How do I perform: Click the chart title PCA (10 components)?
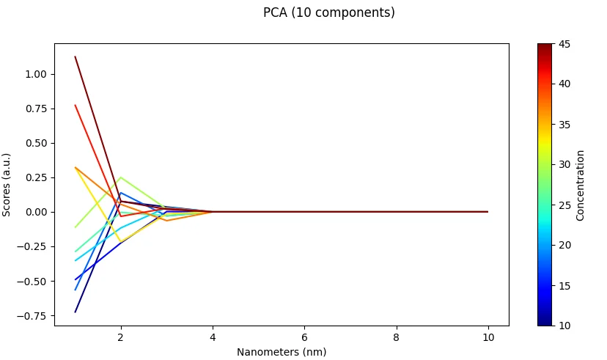pos(328,12)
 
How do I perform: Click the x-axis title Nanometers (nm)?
pos(282,352)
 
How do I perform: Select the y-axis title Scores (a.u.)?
pos(7,184)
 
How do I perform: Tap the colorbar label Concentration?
pos(580,185)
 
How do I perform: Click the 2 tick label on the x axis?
pos(121,337)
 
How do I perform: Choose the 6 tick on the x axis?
pos(304,337)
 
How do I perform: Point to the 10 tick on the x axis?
pos(488,337)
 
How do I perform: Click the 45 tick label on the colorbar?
pos(565,44)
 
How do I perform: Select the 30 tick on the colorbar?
pos(565,164)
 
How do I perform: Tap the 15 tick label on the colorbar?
pos(565,285)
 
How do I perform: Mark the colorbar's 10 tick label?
pos(565,325)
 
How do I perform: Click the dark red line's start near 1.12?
pos(76,57)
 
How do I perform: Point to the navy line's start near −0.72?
pos(76,312)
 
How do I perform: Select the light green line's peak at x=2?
pos(121,177)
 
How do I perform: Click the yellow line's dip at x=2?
pos(121,242)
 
